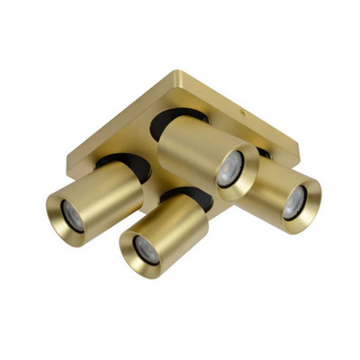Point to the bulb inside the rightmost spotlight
[294, 203]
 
